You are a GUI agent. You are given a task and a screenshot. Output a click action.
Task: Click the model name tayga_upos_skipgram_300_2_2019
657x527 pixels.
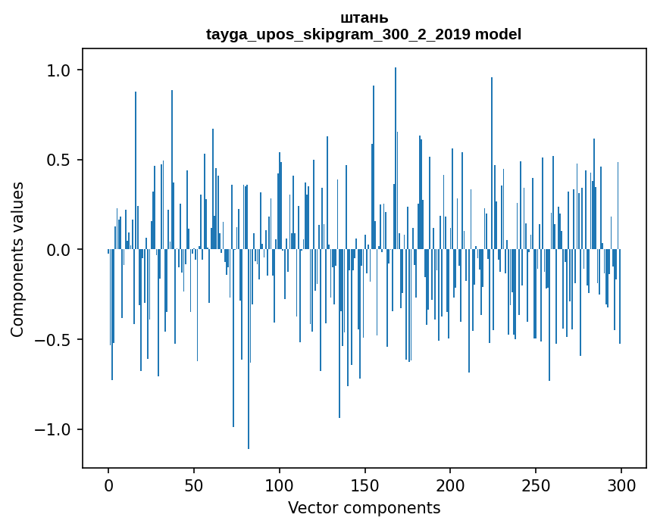[338, 34]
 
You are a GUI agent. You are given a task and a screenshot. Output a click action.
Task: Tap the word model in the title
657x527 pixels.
[498, 34]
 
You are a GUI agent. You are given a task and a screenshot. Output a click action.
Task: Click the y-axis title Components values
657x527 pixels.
[17, 259]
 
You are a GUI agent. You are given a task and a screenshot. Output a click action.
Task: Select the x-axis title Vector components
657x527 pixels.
[364, 507]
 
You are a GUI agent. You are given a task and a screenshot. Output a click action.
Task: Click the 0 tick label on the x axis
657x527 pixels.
[108, 485]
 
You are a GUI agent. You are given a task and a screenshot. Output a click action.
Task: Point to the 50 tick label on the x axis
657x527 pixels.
[194, 485]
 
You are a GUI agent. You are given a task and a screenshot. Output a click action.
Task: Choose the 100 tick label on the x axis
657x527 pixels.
[280, 485]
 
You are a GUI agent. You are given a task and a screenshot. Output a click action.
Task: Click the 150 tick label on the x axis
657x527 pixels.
[364, 485]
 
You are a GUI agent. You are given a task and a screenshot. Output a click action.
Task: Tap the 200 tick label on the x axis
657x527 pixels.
[450, 485]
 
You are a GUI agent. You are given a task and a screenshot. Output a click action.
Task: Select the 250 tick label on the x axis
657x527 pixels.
[536, 485]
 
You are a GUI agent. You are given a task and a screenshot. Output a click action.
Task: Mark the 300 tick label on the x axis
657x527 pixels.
[621, 485]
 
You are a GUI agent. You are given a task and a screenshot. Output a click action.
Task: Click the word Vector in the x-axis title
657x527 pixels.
[312, 507]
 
